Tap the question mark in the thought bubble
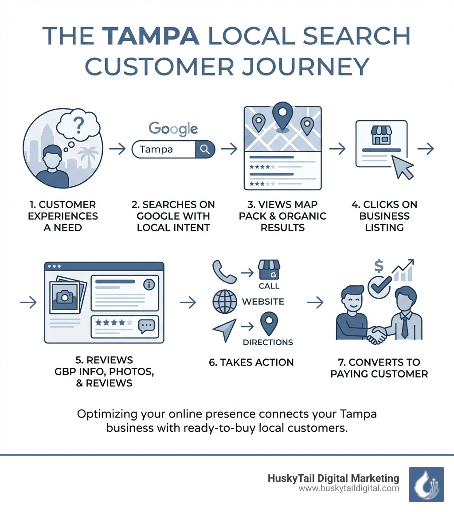click(79, 126)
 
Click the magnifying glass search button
click(205, 150)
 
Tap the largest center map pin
click(281, 115)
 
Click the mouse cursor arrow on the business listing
click(403, 168)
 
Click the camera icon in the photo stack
click(67, 296)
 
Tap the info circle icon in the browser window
click(149, 284)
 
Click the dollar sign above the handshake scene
click(379, 266)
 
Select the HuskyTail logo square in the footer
click(426, 484)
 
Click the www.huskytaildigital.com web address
click(349, 488)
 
